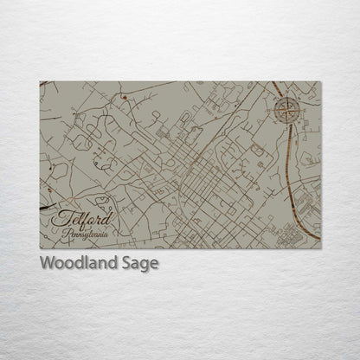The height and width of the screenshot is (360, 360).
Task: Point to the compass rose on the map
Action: click(x=288, y=108)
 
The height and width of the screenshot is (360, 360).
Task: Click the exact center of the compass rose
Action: click(x=288, y=108)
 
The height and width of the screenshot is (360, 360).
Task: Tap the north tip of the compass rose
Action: click(x=288, y=96)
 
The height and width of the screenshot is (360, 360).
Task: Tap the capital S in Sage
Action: click(x=126, y=263)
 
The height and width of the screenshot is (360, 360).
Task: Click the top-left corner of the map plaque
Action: click(x=41, y=82)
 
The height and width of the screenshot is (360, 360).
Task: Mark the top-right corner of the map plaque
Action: click(x=320, y=82)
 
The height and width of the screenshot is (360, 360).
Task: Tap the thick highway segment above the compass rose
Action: click(x=277, y=88)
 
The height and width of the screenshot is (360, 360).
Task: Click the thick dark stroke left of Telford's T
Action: click(x=45, y=209)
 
